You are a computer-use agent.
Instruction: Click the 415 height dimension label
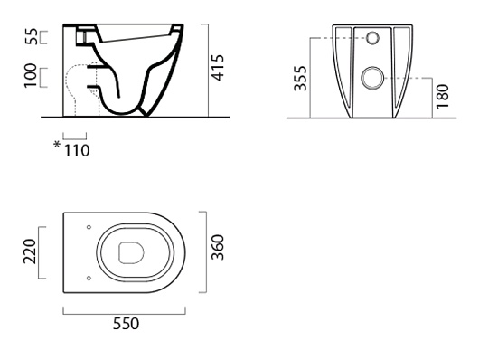[218, 68]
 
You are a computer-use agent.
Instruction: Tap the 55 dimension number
[31, 36]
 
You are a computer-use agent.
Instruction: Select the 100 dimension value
[30, 76]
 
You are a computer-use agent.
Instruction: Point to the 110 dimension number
[77, 151]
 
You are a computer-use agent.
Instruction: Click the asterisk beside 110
[57, 144]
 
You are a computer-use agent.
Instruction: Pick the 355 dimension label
[300, 79]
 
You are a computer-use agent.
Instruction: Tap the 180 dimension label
[443, 96]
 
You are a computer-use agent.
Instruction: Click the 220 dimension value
[30, 251]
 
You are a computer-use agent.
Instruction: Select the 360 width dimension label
[218, 247]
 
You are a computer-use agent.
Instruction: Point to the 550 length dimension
[126, 324]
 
